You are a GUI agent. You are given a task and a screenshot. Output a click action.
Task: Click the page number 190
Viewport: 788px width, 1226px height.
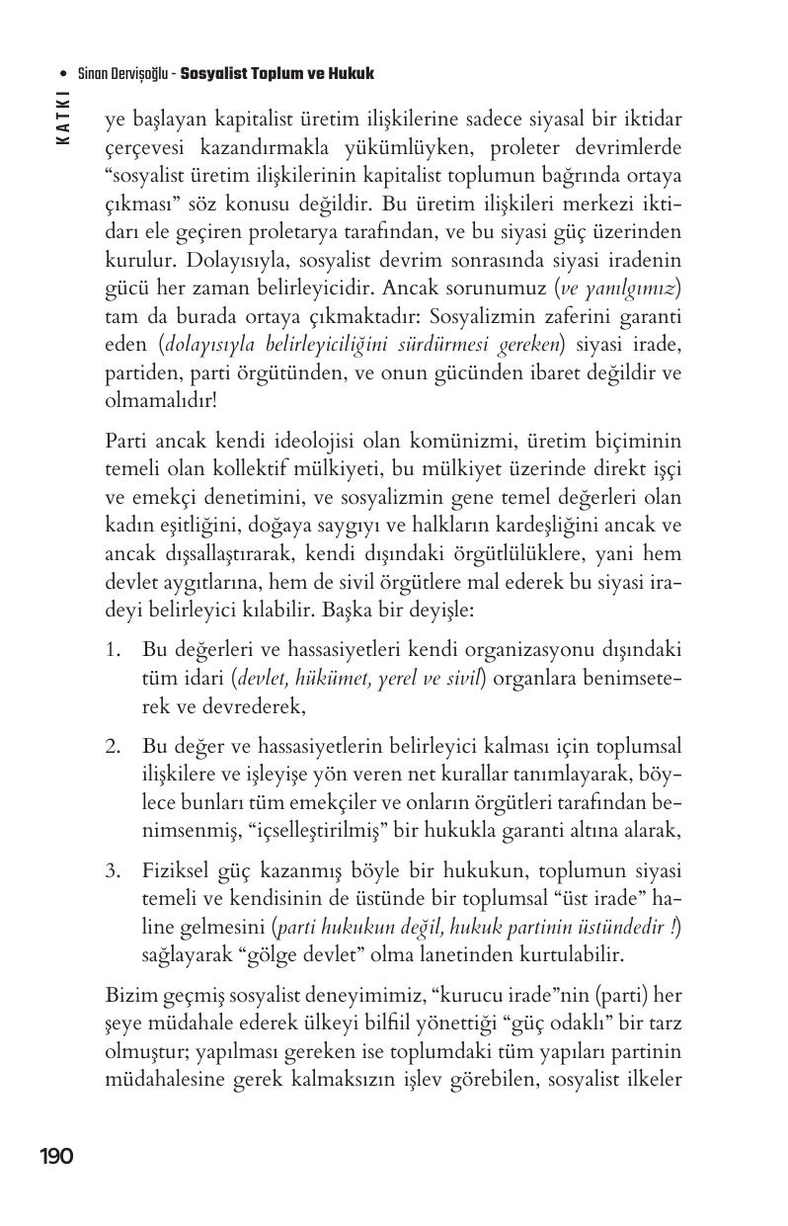(x=56, y=1156)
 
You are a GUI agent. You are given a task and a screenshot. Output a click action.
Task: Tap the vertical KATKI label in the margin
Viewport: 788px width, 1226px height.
(x=63, y=118)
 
